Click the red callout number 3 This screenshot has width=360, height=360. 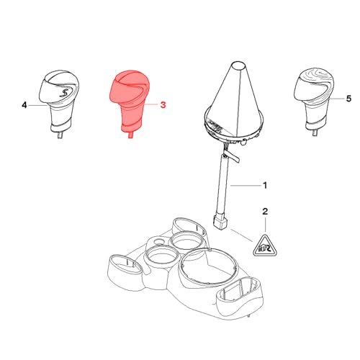point(163,105)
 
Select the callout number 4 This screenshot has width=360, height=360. point(24,105)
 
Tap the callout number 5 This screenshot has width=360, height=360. point(348,99)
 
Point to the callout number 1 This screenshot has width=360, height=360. point(265,185)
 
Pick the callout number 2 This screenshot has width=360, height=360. point(265,212)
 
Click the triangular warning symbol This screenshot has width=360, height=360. point(265,246)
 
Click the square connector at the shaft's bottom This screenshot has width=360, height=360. point(220,222)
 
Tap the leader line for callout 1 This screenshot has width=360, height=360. point(245,186)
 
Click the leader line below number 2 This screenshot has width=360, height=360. point(265,224)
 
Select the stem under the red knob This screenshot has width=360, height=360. point(130,135)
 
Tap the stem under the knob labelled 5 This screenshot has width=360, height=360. point(315,132)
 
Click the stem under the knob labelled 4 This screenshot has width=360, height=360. point(60,135)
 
